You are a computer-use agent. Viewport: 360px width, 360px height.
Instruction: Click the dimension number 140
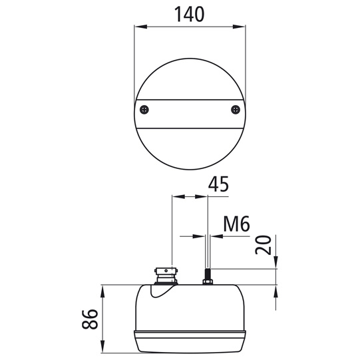click(190, 14)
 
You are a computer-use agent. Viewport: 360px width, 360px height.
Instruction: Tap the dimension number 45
click(218, 184)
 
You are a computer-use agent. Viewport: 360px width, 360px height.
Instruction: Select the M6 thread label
click(236, 224)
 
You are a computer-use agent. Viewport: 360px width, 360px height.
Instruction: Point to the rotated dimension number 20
click(263, 245)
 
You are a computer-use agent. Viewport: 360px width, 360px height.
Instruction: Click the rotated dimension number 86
click(90, 319)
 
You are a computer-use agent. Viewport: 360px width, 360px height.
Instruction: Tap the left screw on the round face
click(144, 110)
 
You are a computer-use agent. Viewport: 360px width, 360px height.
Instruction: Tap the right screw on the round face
click(236, 110)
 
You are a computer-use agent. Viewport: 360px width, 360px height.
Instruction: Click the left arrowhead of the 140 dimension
click(141, 27)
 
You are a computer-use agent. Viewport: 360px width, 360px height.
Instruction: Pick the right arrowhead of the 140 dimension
click(239, 27)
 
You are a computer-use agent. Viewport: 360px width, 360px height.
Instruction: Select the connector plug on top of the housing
click(166, 276)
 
